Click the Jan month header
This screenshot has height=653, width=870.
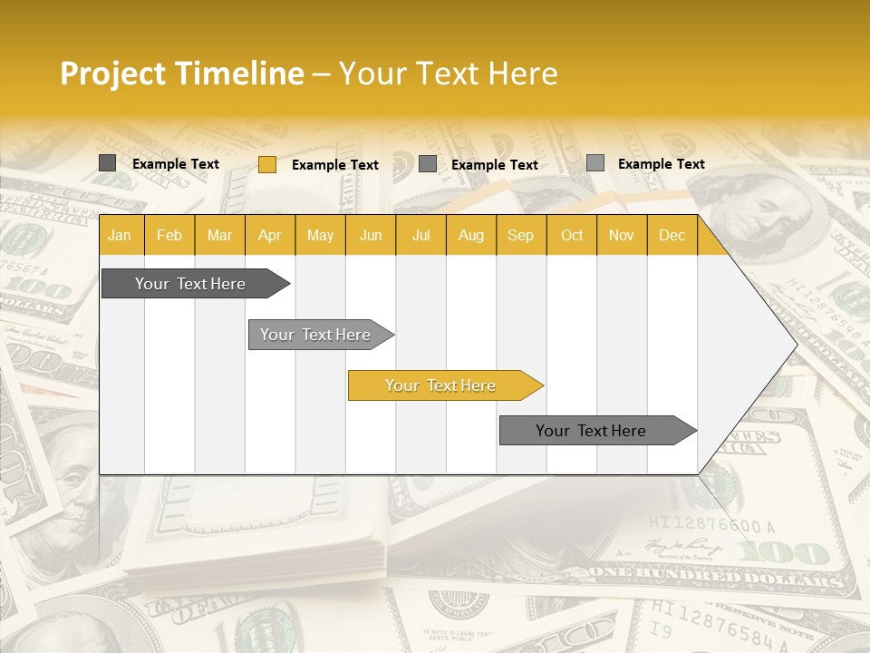(120, 236)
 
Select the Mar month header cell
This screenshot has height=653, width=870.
(219, 236)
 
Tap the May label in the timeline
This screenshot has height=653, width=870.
(320, 236)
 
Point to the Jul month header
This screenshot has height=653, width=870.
(420, 236)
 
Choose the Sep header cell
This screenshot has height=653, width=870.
(520, 236)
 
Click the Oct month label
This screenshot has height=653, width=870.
(572, 236)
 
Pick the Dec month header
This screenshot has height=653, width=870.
(672, 236)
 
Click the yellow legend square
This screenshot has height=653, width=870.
(267, 164)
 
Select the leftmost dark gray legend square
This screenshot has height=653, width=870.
(108, 163)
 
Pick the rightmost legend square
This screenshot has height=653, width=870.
(595, 163)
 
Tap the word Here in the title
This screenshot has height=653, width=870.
(523, 73)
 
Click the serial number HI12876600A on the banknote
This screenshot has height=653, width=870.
(712, 525)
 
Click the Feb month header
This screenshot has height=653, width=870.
(169, 236)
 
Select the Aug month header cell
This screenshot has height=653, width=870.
(470, 236)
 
